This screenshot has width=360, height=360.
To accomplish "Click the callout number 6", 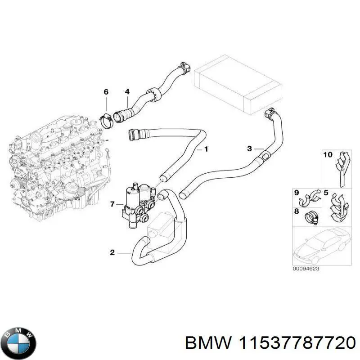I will (x=106, y=92).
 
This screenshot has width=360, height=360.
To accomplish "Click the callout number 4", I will (x=127, y=92).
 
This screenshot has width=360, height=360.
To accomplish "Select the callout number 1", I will (x=206, y=149).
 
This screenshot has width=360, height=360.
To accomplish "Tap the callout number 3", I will (x=250, y=148).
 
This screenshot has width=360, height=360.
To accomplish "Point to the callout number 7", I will (x=112, y=205).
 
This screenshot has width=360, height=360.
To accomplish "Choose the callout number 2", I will (x=112, y=252).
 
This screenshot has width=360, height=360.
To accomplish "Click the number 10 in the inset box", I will (x=328, y=155).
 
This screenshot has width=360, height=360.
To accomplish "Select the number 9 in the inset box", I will (x=297, y=193).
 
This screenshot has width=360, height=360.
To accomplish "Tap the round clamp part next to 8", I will (x=312, y=217).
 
